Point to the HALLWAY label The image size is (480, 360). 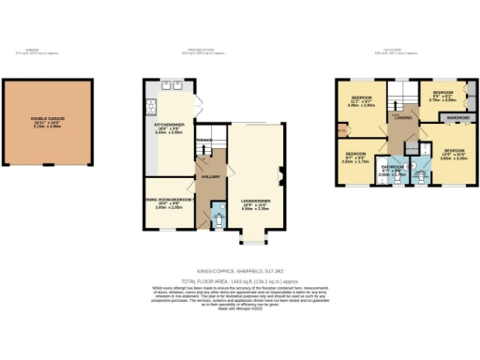coord(208,175)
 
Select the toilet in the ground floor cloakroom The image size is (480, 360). coord(218,221)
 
